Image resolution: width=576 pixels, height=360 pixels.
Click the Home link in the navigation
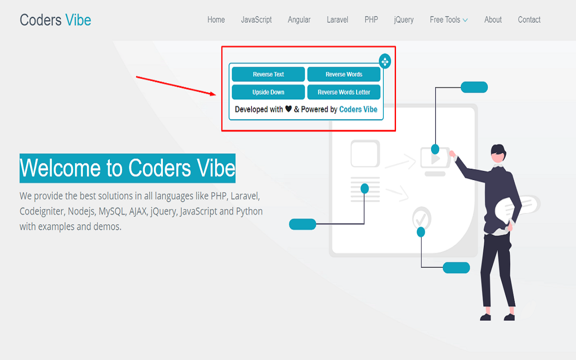[216, 20]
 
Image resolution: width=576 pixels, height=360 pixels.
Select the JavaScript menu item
[256, 20]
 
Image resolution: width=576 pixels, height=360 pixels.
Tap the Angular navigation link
[299, 20]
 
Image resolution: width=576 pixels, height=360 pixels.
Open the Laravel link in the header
[337, 20]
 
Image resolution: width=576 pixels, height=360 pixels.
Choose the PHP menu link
[371, 20]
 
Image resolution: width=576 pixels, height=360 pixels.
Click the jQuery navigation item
[404, 20]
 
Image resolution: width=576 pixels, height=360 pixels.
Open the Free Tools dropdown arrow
[465, 20]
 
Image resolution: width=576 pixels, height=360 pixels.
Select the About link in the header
[493, 20]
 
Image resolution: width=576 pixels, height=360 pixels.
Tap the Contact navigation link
[529, 20]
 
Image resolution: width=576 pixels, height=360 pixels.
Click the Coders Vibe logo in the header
[55, 20]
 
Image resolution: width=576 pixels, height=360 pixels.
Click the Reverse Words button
[344, 74]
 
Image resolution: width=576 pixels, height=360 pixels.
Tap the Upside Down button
[268, 92]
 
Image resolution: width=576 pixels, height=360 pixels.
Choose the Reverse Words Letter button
[344, 92]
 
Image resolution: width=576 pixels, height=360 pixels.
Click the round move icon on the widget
[385, 62]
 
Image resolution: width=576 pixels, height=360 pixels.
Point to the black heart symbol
[288, 109]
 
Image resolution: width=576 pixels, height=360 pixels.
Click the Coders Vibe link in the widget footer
[358, 109]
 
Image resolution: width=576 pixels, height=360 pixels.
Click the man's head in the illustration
[498, 153]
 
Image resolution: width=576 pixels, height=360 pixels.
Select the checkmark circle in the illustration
[422, 219]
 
